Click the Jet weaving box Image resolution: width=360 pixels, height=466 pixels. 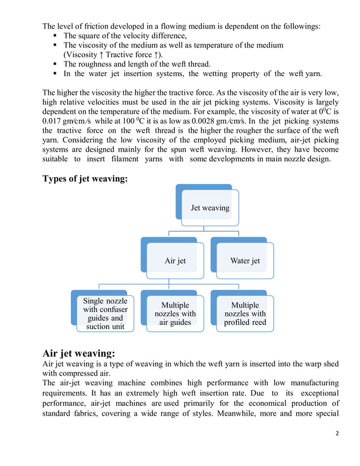tap(209, 208)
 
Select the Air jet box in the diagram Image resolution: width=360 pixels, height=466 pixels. tap(174, 261)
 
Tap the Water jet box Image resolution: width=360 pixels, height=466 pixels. tap(244, 261)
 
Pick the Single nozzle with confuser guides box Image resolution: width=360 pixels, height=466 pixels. tap(105, 314)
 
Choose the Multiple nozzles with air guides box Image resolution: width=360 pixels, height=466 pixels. tap(174, 314)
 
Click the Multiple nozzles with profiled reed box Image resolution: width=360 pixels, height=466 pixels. tap(244, 314)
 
